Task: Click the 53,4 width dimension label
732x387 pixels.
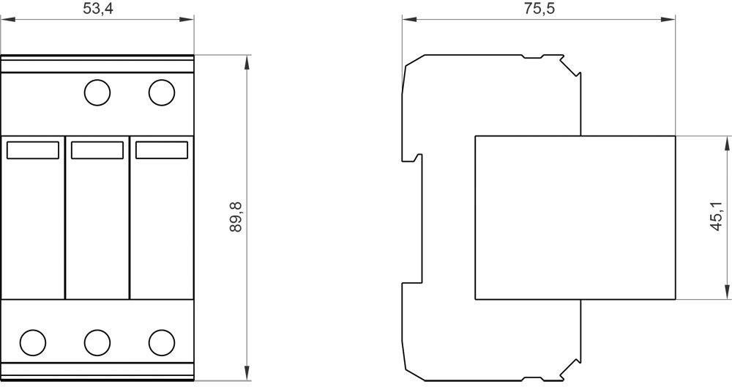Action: [98, 8]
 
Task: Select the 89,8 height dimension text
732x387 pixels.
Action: [236, 218]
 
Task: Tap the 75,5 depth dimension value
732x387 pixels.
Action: [539, 8]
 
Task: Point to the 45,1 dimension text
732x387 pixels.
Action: [716, 217]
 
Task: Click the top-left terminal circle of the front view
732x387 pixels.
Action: [97, 92]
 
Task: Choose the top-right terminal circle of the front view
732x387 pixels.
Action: [162, 92]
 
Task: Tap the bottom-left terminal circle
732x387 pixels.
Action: [33, 342]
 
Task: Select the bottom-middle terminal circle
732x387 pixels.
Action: [97, 342]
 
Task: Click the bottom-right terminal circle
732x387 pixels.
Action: [162, 342]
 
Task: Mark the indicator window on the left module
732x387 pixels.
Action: [33, 150]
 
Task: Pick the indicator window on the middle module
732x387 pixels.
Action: [97, 150]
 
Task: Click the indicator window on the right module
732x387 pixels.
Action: [162, 150]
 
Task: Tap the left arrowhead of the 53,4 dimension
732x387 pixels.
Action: [8, 19]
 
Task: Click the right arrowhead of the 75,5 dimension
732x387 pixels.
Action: [668, 19]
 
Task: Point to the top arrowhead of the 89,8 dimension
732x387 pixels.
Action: [247, 62]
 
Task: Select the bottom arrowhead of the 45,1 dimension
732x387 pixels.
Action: [726, 292]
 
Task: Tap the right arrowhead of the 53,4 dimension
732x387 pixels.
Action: [187, 19]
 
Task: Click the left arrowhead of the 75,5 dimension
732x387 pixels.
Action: [409, 19]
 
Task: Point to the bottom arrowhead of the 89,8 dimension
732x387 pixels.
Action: [247, 374]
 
